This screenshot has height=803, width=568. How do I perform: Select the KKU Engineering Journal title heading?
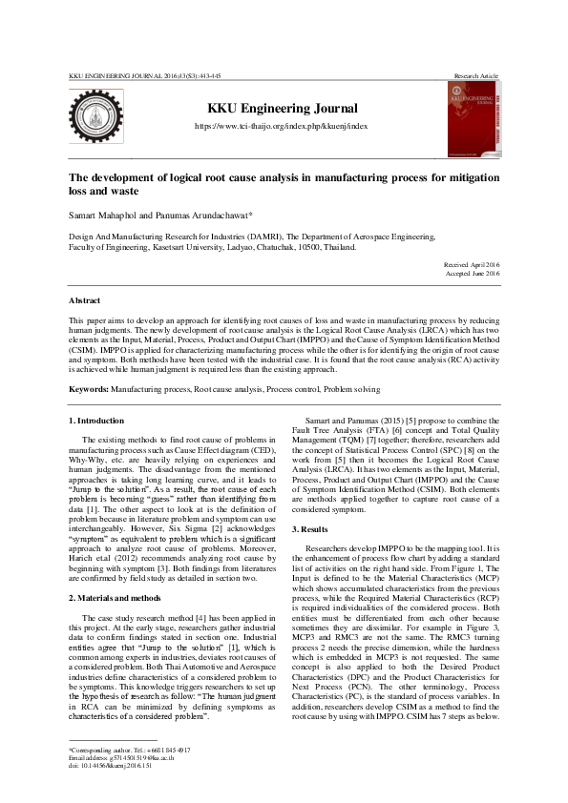tap(276, 109)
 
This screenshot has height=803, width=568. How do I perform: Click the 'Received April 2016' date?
tap(472, 264)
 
